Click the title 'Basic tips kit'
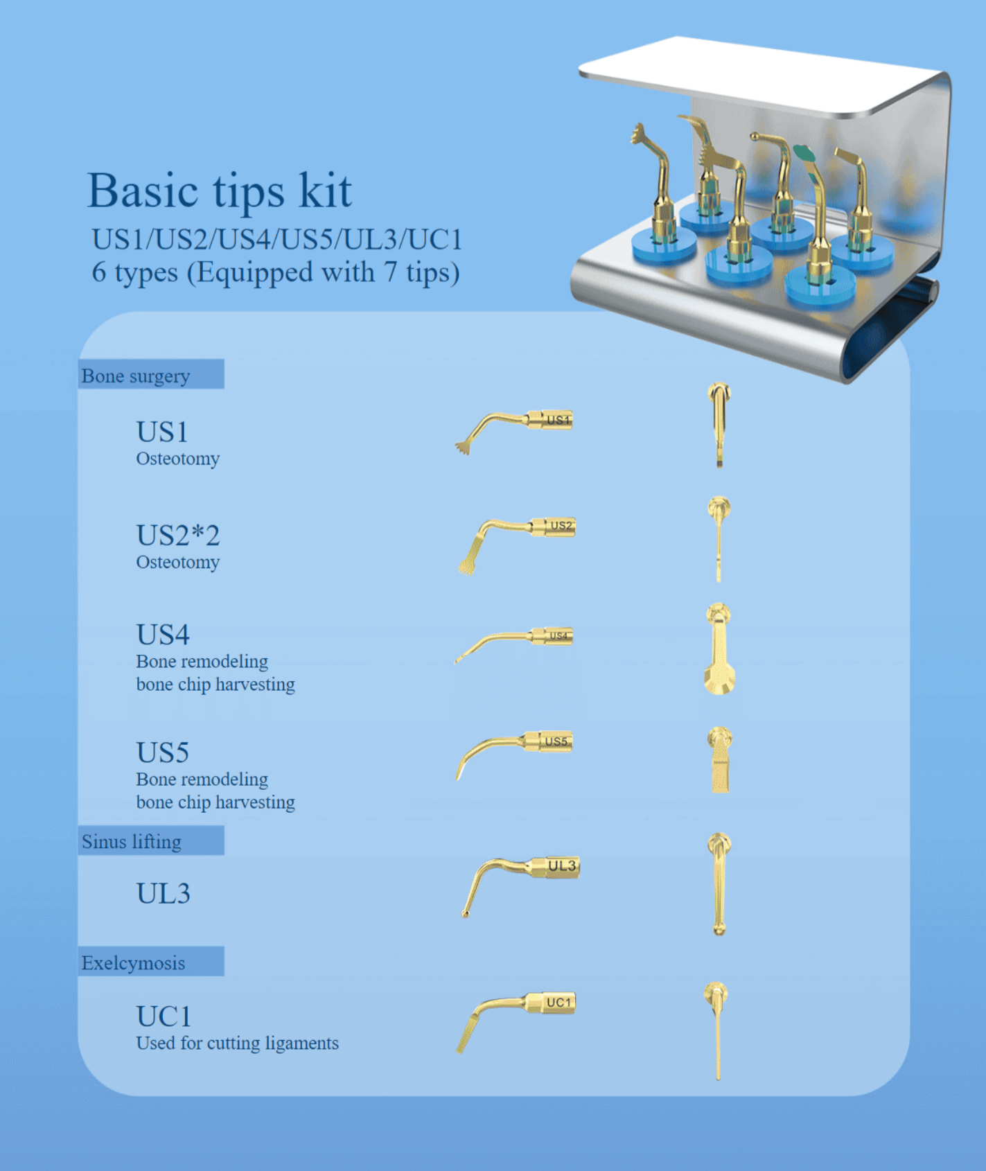coord(220,190)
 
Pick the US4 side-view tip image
coord(513,645)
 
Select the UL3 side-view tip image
coord(520,887)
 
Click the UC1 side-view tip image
coord(516,1022)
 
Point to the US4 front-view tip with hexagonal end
coord(719,649)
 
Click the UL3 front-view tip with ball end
coord(719,884)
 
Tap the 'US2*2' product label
coord(178,535)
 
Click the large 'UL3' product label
coord(163,893)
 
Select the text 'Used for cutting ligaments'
coord(237,1043)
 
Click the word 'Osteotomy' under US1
coord(177,459)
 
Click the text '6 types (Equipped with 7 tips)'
coord(276,272)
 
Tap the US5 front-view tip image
coord(720,759)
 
